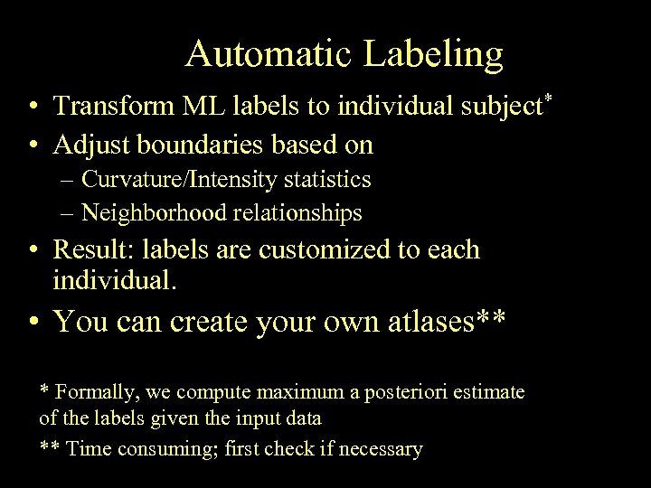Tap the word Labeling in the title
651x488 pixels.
point(433,56)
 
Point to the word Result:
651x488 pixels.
point(93,249)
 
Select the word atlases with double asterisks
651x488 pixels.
point(439,321)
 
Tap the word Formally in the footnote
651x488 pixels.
point(95,392)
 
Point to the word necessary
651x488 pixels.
point(382,449)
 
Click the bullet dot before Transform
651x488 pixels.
point(33,108)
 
